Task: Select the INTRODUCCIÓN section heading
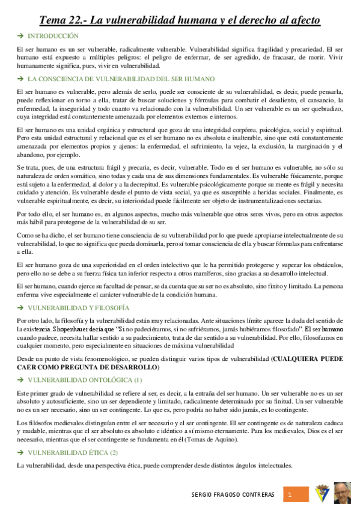[53, 37]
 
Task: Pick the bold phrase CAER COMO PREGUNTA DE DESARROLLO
[88, 367]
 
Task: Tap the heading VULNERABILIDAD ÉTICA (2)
[73, 452]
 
